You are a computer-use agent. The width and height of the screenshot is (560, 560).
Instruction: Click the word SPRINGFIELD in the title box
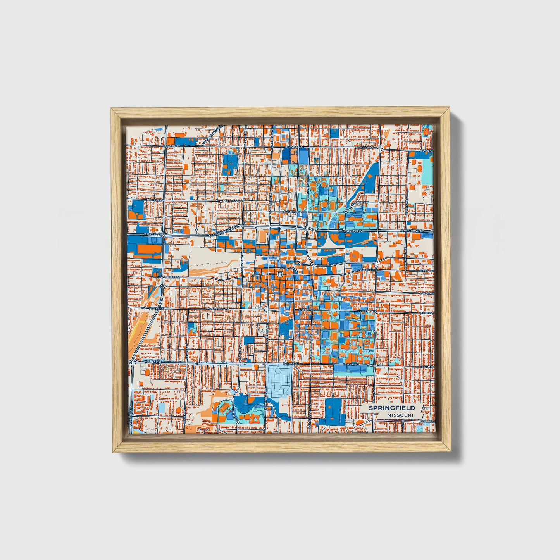point(391,408)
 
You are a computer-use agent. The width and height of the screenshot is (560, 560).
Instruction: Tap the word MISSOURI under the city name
point(399,415)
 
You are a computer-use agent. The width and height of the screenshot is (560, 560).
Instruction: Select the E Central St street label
point(293,212)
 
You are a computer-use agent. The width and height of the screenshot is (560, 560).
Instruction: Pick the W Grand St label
point(152,362)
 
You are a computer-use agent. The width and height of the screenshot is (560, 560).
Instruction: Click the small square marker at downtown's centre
point(280,274)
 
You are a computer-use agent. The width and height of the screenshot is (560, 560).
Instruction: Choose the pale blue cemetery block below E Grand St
point(279,381)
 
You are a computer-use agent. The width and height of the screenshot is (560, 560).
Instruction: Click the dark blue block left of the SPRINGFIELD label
point(333,410)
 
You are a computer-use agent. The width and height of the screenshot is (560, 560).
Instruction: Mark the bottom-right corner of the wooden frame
point(451,452)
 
